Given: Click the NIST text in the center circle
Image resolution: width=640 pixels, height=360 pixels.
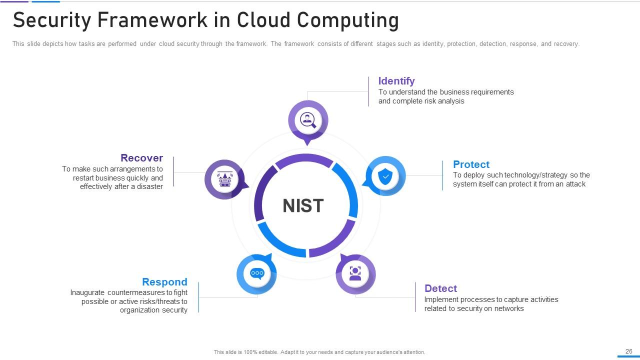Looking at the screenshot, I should coord(303,205).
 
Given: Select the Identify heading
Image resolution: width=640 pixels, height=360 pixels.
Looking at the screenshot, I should coord(396,81).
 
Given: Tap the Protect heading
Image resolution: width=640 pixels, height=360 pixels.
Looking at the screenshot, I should coord(471,164).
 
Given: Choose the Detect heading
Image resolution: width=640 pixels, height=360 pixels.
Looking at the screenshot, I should coord(440,288).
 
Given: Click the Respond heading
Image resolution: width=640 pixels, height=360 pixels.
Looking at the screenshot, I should coord(164,282).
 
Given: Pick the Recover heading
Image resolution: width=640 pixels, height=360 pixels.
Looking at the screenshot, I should coord(141,158).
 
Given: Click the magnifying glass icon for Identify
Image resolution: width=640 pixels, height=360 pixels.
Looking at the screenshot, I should coord(307,120).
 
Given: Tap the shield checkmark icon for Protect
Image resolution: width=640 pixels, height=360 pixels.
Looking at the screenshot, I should coord(385,176).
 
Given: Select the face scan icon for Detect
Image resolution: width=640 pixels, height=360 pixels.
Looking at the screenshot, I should coord(355,273).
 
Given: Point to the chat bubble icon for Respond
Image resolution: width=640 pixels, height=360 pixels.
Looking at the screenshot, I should coord(257,273).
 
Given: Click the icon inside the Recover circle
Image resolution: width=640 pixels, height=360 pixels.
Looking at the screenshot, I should coord(224,179).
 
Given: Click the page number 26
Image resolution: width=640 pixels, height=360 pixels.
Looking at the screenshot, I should coord(629,351).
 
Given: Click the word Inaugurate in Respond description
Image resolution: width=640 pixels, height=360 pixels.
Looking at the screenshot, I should coord(87,292).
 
